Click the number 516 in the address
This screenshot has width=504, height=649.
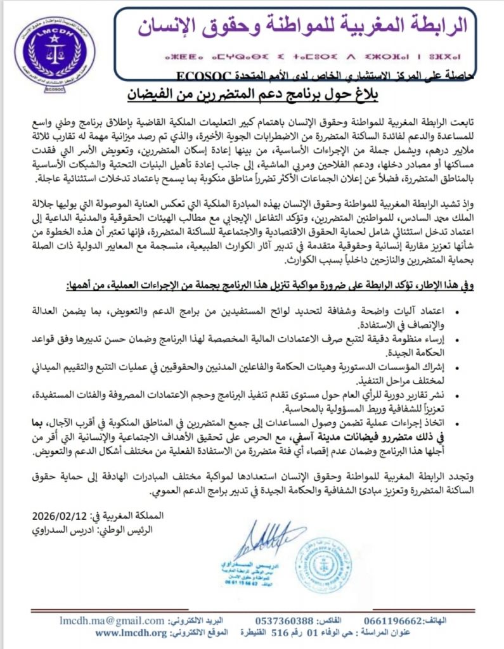pyautogui.click(x=280, y=633)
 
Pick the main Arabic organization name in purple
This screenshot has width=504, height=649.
pyautogui.click(x=304, y=25)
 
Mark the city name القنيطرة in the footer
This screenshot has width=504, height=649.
pyautogui.click(x=248, y=633)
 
